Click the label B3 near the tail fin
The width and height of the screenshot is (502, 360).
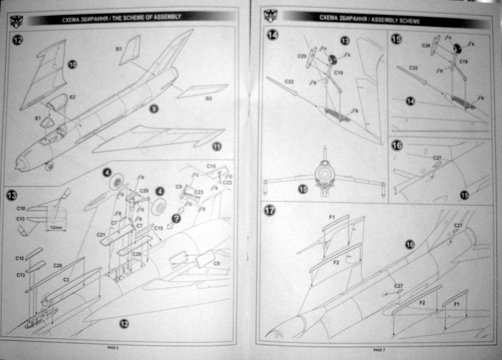tap(119, 49)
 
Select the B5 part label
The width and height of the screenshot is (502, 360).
tap(208, 99)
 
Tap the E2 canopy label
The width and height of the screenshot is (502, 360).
tap(73, 98)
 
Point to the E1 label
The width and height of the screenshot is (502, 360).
tap(37, 118)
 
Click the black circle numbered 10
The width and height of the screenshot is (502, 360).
tap(72, 64)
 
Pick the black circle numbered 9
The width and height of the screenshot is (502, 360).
tap(154, 109)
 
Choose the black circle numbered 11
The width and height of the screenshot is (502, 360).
tap(217, 146)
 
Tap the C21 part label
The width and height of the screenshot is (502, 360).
tap(101, 235)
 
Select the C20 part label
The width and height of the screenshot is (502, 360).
tap(137, 254)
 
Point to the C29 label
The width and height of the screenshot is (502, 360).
tap(144, 190)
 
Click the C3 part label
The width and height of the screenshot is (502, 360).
tap(66, 279)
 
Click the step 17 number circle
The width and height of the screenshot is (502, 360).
tap(270, 210)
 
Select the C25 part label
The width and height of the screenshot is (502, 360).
tap(302, 56)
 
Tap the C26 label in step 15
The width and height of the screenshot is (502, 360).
tap(426, 46)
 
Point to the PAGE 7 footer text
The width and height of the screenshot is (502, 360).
tap(379, 349)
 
